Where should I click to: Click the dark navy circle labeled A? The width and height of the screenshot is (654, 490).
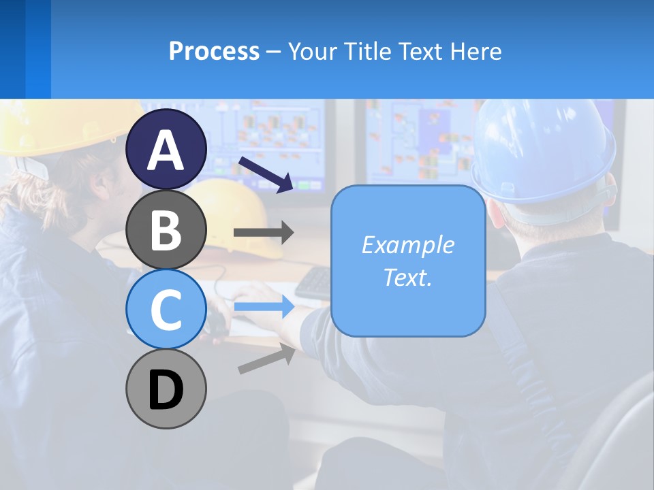coord(166,149)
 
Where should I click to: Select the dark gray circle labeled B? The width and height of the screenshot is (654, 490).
coord(166,230)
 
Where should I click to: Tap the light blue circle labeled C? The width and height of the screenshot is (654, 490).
coord(166,309)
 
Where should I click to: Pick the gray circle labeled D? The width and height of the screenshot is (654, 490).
coord(166,389)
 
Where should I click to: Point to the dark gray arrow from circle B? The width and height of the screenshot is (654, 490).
coord(264,232)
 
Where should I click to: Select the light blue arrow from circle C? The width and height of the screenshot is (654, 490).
coord(264,307)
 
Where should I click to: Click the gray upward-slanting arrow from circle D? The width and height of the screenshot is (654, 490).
coord(266,359)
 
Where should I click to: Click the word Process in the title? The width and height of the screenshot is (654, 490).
coord(214,51)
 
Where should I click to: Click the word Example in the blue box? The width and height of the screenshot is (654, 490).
coord(407,245)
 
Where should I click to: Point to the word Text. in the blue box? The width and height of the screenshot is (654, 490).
coord(407,277)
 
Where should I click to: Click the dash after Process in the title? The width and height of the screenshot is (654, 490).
coord(273,52)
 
